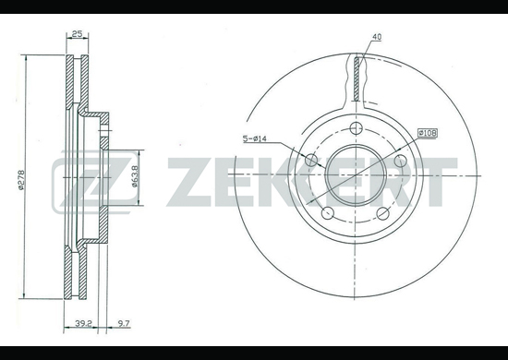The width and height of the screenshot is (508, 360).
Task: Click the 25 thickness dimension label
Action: (77, 33)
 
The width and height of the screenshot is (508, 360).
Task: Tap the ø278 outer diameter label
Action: (20, 180)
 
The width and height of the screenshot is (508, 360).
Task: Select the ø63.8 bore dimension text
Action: (135, 176)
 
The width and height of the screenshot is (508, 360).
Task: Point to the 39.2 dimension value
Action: (84, 323)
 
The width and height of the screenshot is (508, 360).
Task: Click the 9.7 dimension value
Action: (124, 323)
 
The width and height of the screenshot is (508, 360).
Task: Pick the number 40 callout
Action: (377, 37)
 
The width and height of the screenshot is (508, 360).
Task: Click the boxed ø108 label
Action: (428, 133)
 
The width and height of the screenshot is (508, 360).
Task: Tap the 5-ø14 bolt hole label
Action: (255, 138)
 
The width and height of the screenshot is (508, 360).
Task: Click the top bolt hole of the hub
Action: (357, 128)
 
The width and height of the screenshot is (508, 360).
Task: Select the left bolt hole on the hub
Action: (311, 160)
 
